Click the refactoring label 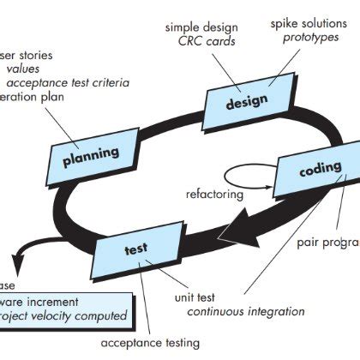point(214,195)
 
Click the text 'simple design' point(201,28)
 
